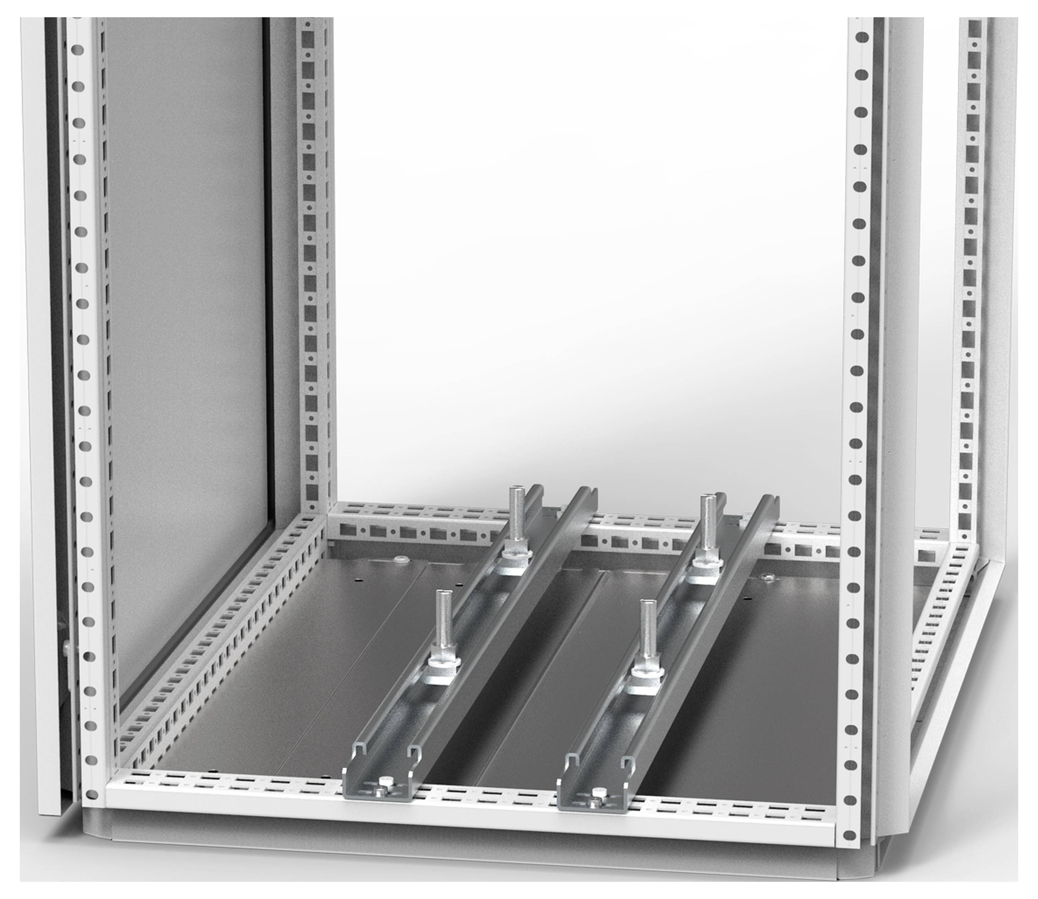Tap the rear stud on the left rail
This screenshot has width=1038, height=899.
(516, 517)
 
